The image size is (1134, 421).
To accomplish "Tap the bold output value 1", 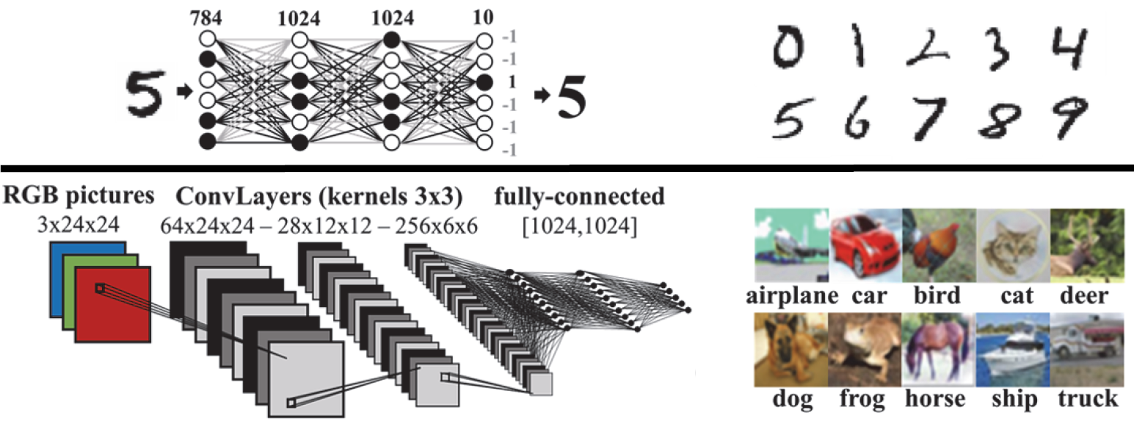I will pos(511,82).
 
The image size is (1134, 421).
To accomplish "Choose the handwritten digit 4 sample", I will pos(1068,51).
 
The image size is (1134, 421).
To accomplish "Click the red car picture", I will pos(865,246).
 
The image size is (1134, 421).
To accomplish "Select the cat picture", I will pos(1014,246).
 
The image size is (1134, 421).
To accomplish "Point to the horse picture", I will pos(939,349).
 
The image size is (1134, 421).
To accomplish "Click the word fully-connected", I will pos(579,197).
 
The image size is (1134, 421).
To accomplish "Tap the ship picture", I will pos(1013,349).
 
